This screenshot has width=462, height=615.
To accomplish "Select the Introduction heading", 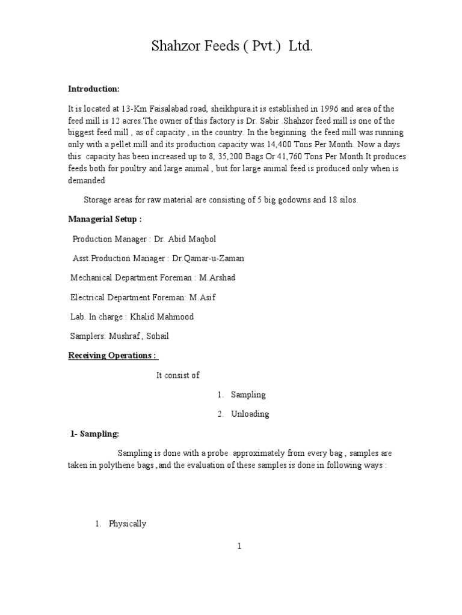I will click(94, 89).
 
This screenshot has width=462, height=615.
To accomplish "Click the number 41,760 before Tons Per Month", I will click(289, 156).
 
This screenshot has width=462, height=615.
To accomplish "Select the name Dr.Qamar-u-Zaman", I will click(208, 258).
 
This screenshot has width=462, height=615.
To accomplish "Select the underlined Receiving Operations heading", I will click(112, 356).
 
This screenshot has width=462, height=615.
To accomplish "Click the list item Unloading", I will click(250, 414).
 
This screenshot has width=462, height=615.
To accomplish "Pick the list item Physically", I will click(128, 524).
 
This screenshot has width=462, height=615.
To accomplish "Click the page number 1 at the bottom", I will click(239, 546).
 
